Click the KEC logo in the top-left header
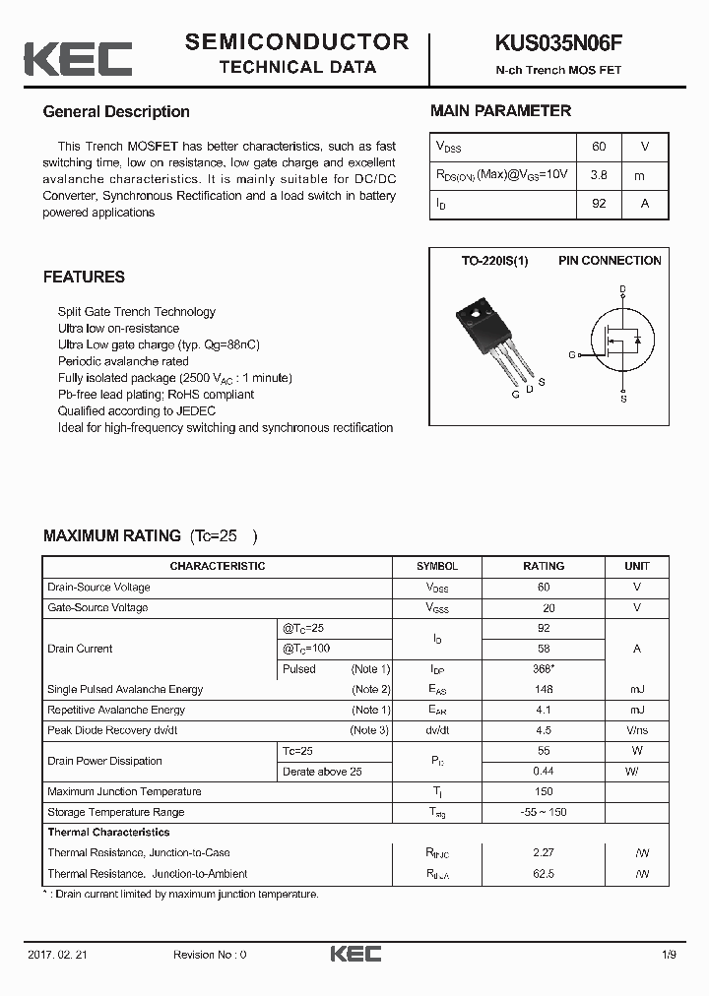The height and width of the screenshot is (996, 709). [x=78, y=59]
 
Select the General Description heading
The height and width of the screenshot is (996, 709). [x=116, y=112]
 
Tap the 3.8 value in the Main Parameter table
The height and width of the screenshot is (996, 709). [x=598, y=175]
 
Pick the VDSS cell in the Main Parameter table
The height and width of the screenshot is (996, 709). [x=449, y=147]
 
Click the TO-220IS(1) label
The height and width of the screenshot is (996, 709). [x=494, y=261]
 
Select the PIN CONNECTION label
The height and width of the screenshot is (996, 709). [x=610, y=261]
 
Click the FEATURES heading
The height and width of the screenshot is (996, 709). [x=84, y=278]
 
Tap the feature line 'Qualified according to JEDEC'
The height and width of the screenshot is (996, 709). [x=137, y=411]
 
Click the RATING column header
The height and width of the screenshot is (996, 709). [x=544, y=566]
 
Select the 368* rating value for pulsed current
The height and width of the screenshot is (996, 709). [x=544, y=669]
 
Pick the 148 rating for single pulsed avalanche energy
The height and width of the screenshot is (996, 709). [x=544, y=690]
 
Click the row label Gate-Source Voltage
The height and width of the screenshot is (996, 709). [x=97, y=608]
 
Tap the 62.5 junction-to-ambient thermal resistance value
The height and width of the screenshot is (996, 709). [x=544, y=874]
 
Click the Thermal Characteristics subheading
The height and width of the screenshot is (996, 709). [x=108, y=833]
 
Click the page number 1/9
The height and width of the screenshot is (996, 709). [x=670, y=955]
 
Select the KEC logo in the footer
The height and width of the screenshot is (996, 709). [x=354, y=954]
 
